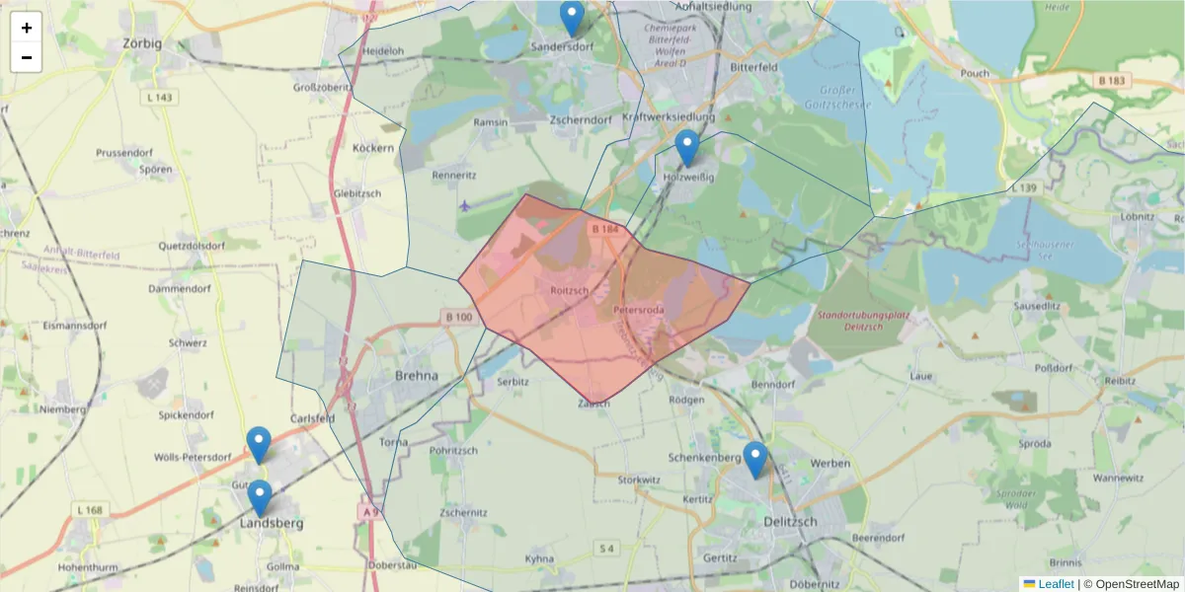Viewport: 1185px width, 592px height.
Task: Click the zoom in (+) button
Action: click(27, 28)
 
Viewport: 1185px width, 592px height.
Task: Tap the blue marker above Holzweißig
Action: click(687, 147)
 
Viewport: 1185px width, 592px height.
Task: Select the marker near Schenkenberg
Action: click(755, 459)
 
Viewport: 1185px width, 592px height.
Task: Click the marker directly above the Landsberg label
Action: click(260, 497)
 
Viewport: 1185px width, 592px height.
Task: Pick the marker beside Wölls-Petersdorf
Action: click(259, 444)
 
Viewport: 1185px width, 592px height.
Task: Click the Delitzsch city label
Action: click(790, 521)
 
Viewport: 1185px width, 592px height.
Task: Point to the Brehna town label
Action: click(416, 375)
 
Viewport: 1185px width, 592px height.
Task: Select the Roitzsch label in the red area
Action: click(570, 290)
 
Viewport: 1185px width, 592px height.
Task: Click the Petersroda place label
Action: click(638, 310)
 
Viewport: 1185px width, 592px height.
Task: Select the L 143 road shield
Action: click(157, 97)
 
